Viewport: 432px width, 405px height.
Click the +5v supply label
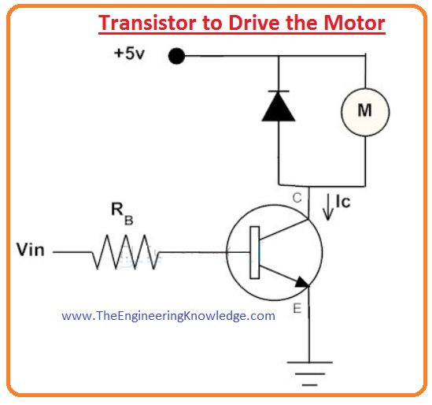129,54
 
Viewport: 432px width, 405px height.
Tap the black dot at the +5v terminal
176,56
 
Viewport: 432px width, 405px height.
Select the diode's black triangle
279,106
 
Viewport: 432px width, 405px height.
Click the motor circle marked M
365,112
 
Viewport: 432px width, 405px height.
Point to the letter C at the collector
297,198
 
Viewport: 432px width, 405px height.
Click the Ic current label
343,202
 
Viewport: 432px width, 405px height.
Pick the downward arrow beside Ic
328,207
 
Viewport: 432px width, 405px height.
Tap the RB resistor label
122,214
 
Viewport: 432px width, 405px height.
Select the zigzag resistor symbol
126,252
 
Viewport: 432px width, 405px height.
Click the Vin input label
31,250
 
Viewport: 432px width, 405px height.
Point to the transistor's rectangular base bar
255,252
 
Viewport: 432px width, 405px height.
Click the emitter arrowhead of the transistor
302,283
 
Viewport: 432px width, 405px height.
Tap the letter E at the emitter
297,308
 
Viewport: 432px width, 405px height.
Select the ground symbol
309,373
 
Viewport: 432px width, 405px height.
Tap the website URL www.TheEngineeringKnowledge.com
168,316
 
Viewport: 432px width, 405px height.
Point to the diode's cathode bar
279,91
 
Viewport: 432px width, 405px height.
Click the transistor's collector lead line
308,202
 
